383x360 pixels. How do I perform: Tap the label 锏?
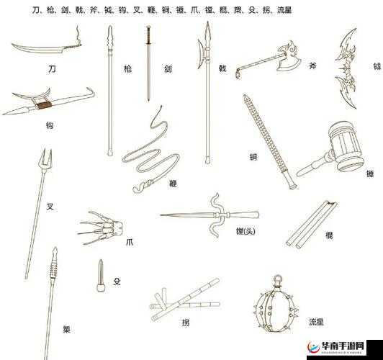pyautogui.click(x=253, y=157)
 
